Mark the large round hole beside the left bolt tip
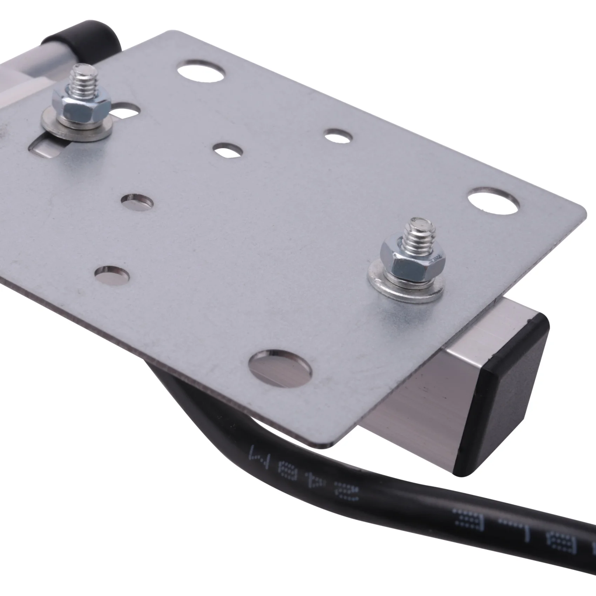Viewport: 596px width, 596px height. pyautogui.click(x=201, y=72)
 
